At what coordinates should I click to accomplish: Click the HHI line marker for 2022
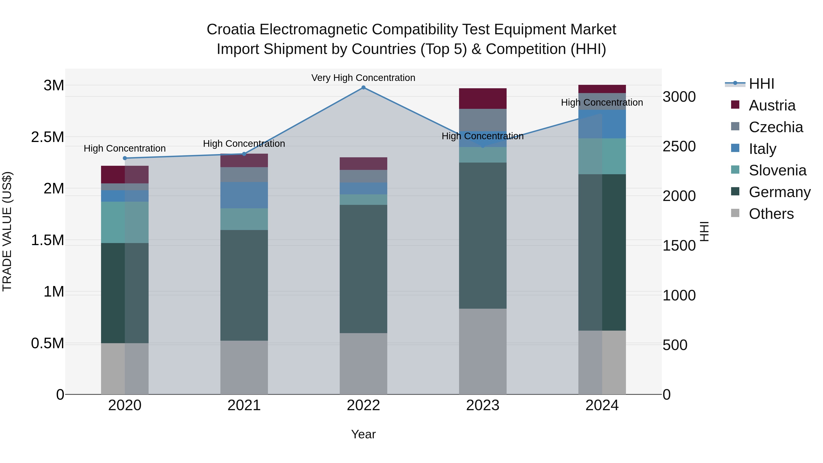pyautogui.click(x=363, y=88)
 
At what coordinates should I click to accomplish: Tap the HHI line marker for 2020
pyautogui.click(x=125, y=158)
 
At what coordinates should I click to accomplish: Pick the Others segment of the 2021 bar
pyautogui.click(x=244, y=367)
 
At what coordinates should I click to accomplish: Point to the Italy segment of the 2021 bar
pyautogui.click(x=244, y=195)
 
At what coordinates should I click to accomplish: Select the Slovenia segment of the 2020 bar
pyautogui.click(x=125, y=222)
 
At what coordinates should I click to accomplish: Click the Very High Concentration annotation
pyautogui.click(x=363, y=78)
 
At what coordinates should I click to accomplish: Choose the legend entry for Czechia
pyautogui.click(x=775, y=127)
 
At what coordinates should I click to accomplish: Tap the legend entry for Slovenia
pyautogui.click(x=777, y=170)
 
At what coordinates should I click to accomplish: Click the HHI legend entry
pyautogui.click(x=761, y=84)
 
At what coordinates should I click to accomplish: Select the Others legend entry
pyautogui.click(x=771, y=214)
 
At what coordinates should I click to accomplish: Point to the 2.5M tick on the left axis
pyautogui.click(x=47, y=137)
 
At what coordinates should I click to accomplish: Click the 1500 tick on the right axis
pyautogui.click(x=679, y=246)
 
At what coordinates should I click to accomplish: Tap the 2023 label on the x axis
pyautogui.click(x=483, y=405)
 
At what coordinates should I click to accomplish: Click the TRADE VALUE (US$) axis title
pyautogui.click(x=7, y=231)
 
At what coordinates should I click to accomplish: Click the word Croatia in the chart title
pyautogui.click(x=231, y=29)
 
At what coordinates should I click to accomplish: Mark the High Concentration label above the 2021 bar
pyautogui.click(x=244, y=144)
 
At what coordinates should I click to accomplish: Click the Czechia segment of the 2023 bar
pyautogui.click(x=483, y=120)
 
